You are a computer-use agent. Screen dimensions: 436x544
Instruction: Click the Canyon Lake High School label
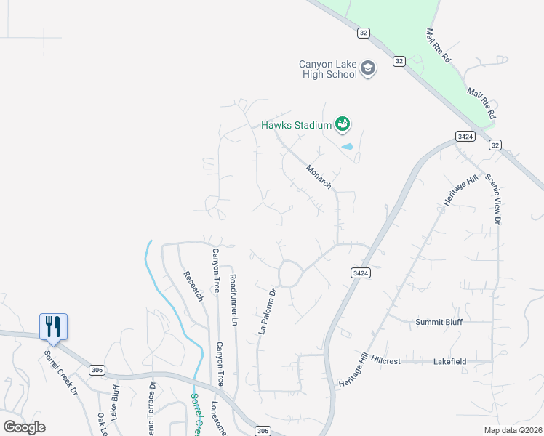(x=328, y=69)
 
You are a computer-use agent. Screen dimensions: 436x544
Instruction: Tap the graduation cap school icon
(x=368, y=69)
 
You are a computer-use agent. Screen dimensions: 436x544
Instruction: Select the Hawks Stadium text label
(x=297, y=125)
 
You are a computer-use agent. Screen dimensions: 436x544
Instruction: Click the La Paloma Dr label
(x=268, y=312)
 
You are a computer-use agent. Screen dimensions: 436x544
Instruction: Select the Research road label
(x=193, y=286)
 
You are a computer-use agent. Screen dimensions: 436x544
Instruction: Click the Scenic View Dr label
(x=498, y=198)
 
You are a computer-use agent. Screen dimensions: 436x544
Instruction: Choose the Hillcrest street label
(x=386, y=360)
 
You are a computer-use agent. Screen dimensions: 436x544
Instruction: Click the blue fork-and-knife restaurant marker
(x=53, y=326)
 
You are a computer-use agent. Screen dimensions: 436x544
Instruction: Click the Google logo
(x=24, y=427)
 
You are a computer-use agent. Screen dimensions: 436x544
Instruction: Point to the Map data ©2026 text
(x=512, y=430)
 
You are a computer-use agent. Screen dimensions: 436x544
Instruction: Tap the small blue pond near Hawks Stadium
(x=348, y=147)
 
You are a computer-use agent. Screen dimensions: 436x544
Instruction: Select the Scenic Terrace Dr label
(x=152, y=407)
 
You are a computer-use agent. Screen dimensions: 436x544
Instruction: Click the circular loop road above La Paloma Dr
(x=290, y=273)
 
